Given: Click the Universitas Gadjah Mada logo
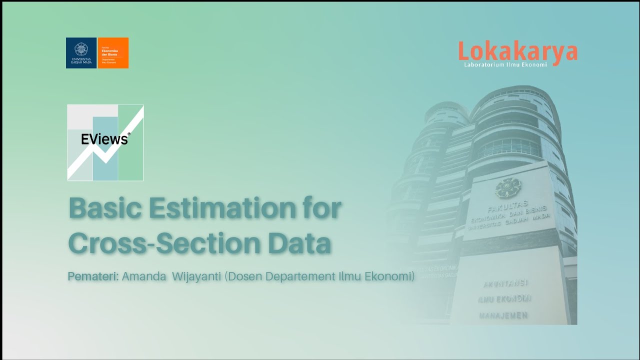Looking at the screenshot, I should point(81,53).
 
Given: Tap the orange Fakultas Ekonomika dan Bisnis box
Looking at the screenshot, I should point(113,53).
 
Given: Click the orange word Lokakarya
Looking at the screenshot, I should point(517,52).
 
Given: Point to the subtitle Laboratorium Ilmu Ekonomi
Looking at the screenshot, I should point(505,64).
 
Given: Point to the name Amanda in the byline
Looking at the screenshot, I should point(144,276).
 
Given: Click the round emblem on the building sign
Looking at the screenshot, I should point(508,188).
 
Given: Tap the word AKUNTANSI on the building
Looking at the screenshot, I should point(506,283).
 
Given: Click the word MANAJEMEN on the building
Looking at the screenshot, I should point(503,315).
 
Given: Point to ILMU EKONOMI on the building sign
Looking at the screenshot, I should point(504,299).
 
